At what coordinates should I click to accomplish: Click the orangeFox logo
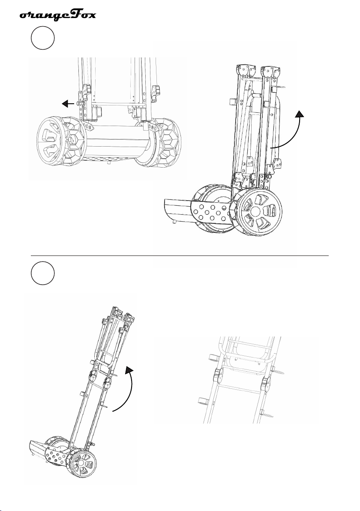[x=58, y=15]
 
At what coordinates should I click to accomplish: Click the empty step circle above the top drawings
[x=43, y=39]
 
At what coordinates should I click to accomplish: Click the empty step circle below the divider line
[x=43, y=273]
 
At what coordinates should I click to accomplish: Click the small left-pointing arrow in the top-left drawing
[x=68, y=104]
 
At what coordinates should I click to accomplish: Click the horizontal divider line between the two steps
[x=180, y=256]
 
